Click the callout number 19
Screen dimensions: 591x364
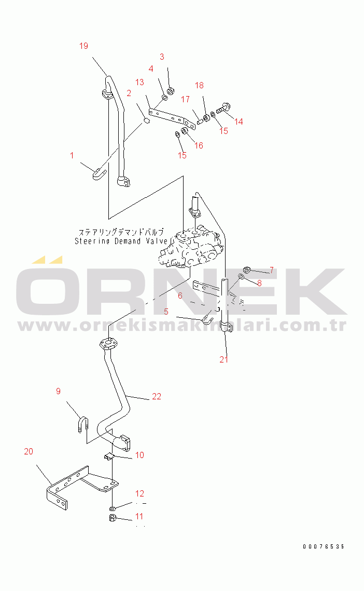[x=83, y=46]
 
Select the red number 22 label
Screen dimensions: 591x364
[x=156, y=397]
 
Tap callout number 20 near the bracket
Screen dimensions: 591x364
[x=29, y=451]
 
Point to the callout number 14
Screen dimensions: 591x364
[x=239, y=122]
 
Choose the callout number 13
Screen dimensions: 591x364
[x=139, y=82]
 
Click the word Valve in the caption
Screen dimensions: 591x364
[x=156, y=241]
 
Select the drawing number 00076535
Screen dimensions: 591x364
[x=324, y=547]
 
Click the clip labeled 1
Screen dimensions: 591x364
[x=99, y=173]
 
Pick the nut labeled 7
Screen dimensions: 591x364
[x=247, y=270]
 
